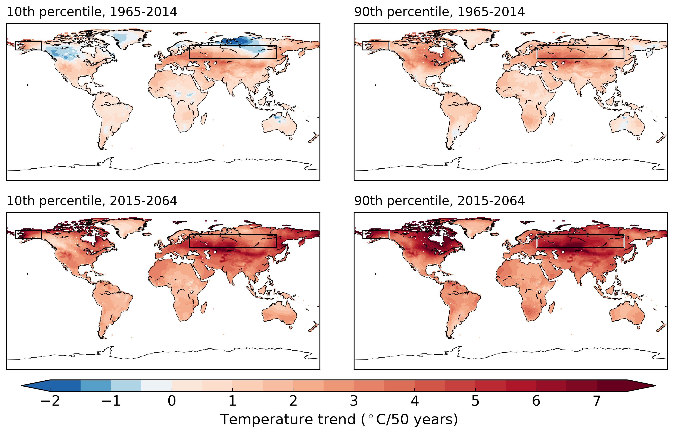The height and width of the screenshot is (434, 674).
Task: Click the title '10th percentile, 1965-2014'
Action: [x=92, y=12]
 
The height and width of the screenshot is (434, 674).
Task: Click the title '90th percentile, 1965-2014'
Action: [x=439, y=12]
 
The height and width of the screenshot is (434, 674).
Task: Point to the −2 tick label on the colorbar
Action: [x=50, y=401]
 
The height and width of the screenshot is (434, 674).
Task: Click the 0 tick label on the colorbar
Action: [x=172, y=401]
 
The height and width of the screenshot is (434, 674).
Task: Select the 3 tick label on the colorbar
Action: [x=354, y=401]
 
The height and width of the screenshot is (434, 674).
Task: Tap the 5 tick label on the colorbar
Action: [x=475, y=401]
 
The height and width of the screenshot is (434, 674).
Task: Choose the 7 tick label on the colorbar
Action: [x=597, y=401]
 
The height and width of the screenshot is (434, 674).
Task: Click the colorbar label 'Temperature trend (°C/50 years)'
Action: [x=339, y=419]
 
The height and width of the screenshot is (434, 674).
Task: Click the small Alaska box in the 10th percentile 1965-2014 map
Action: [x=28, y=46]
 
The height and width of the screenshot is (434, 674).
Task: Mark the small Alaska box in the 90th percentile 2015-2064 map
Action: [x=376, y=235]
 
